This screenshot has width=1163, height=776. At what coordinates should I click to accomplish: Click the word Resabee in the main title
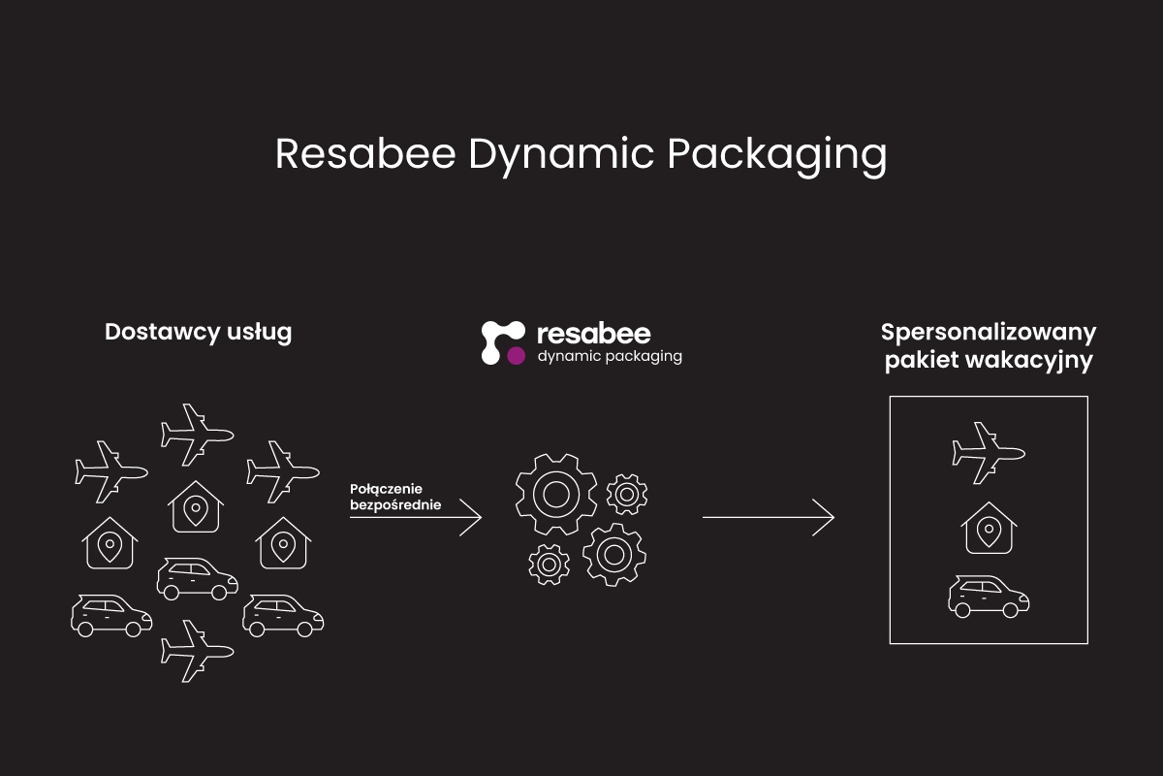coord(365,154)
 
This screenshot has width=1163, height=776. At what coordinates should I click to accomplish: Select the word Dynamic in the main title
coord(561,157)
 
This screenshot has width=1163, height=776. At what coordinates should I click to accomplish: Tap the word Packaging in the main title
coord(777,157)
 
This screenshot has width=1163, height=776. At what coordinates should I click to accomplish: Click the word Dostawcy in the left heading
coord(162,333)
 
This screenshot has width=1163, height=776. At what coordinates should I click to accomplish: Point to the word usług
coord(260,333)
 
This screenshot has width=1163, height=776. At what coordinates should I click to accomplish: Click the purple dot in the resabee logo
coord(516,356)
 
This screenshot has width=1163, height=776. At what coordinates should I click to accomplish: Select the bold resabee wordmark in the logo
coord(594,335)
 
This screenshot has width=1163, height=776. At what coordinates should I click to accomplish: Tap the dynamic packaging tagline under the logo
coord(610,357)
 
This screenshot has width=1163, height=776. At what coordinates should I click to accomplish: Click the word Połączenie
coord(386,489)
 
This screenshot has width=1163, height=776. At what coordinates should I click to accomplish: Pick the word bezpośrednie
coord(395,504)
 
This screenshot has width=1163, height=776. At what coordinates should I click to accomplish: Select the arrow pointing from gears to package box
coord(769,517)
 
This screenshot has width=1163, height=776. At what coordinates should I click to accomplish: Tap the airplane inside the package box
coord(988,453)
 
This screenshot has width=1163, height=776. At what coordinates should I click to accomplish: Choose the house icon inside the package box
coord(989,528)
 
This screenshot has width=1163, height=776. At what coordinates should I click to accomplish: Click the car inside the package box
coord(988,597)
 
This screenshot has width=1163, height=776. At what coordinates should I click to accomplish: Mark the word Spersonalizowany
coord(989,333)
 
